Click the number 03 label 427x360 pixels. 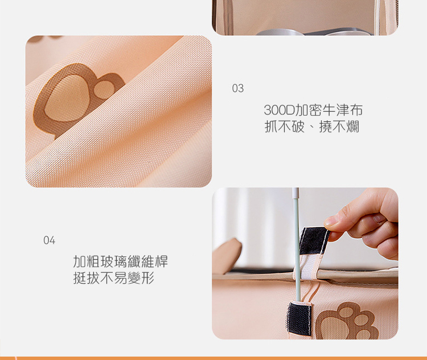coord(238,88)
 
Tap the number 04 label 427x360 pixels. coord(50,240)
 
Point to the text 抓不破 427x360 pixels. coord(284,126)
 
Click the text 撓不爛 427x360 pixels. coord(339,126)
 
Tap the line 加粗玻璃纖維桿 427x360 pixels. coord(120,261)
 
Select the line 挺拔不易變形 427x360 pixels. coord(114,278)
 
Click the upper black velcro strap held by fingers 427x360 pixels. coord(314,240)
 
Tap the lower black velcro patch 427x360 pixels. coord(299,318)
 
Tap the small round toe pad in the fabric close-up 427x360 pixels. coord(105,89)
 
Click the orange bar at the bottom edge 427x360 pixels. coord(213,358)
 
